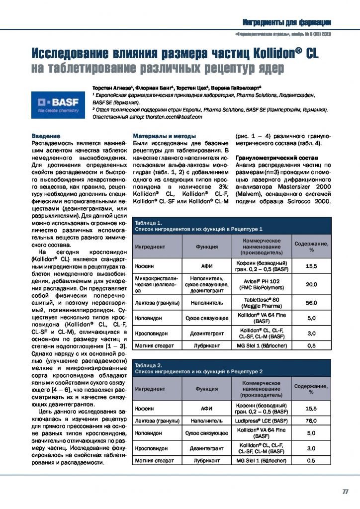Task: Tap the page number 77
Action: point(345,492)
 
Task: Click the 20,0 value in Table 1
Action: point(311,284)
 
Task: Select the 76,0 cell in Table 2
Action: point(311,421)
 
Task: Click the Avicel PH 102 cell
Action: point(262,284)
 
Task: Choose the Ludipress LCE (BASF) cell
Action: point(262,421)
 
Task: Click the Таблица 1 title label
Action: point(148,223)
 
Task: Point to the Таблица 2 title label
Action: point(148,365)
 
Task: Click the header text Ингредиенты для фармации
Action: point(287,22)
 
